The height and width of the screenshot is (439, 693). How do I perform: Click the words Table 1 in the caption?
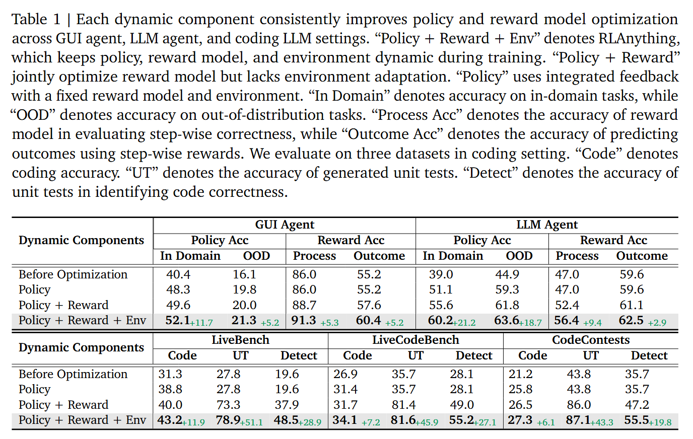point(36,20)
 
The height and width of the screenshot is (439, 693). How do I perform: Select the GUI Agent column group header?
point(285,225)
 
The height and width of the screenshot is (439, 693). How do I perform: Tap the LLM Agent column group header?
point(547,225)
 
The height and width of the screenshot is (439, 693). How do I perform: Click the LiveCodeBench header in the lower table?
point(415,340)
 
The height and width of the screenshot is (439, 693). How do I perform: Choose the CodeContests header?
point(591,340)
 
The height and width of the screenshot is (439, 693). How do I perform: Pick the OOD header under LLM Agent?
point(519,256)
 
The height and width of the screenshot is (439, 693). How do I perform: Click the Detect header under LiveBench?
point(299,355)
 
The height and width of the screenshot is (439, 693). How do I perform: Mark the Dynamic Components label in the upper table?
point(81,240)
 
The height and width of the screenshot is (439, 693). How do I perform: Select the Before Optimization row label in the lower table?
point(73,374)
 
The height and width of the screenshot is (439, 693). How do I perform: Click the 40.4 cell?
point(178,274)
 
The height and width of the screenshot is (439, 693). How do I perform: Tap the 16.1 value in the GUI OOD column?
point(244,274)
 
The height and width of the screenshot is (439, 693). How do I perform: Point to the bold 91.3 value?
point(304,320)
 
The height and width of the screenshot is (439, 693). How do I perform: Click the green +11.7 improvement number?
point(202,323)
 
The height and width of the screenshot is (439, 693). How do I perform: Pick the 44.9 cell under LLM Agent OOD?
point(507,274)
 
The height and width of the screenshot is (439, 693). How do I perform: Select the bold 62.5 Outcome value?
point(631,320)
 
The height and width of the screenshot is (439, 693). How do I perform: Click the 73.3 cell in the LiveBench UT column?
point(228,405)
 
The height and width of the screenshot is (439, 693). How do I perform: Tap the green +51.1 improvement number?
point(251,422)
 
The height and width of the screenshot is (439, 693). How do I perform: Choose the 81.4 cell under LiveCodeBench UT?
point(403,405)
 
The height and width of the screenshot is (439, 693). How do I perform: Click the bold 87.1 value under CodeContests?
point(578,420)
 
